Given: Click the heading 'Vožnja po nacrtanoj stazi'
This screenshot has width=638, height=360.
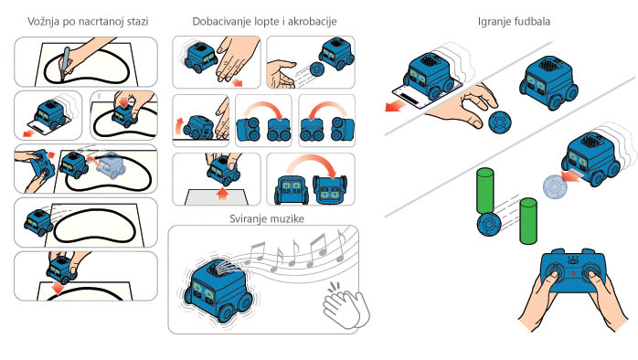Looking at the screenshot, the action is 88,22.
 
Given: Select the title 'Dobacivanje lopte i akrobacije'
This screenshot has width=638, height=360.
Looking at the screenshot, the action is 264,22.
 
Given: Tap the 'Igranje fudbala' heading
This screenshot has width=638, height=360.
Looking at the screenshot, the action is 514,22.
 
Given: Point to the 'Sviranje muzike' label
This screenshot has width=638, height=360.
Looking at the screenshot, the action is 267,219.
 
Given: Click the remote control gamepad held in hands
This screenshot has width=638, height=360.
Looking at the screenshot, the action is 573,271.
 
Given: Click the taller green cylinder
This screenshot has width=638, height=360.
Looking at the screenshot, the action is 485,191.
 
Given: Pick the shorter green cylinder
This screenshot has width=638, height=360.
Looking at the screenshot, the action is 528,221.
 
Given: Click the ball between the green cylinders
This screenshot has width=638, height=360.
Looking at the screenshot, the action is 488,225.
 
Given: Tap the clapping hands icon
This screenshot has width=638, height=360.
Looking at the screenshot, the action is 346,306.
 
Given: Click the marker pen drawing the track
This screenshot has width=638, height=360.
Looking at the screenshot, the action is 65,64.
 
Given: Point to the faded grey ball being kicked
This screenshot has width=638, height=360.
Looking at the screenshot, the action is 555,186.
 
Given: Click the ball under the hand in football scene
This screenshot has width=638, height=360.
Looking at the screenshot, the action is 500,122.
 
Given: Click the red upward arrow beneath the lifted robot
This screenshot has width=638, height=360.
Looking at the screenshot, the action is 222,194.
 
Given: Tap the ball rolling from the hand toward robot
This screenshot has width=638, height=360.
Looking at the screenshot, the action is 316,69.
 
